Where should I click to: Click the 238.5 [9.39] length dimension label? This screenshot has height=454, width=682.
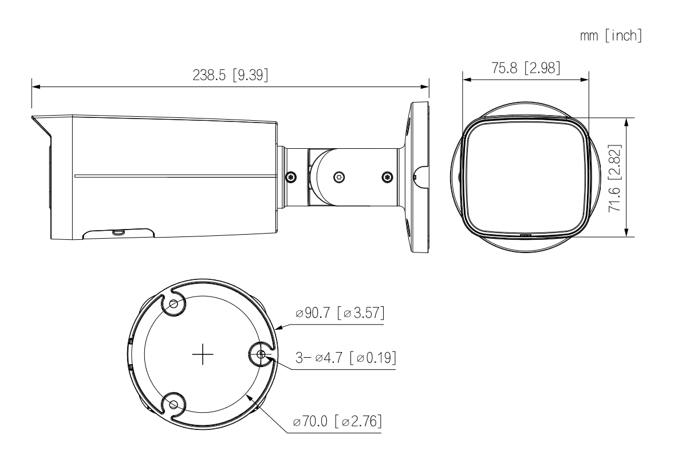pos(230,75)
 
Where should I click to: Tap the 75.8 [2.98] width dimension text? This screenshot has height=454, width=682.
pos(526,68)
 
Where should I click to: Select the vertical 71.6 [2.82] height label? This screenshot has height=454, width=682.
pos(614,178)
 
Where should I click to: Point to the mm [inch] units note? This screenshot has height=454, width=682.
pos(610,35)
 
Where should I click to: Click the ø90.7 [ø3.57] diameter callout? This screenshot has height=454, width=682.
pos(340,313)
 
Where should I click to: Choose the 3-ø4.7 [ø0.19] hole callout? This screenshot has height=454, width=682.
pos(346,357)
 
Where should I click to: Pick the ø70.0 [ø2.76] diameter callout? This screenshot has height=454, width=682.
pos(337,421)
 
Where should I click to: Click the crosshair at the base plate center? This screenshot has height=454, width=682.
pos(203,355)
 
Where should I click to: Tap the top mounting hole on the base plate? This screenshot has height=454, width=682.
pos(174,304)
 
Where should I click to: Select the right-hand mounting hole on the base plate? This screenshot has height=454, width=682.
pos(261,354)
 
